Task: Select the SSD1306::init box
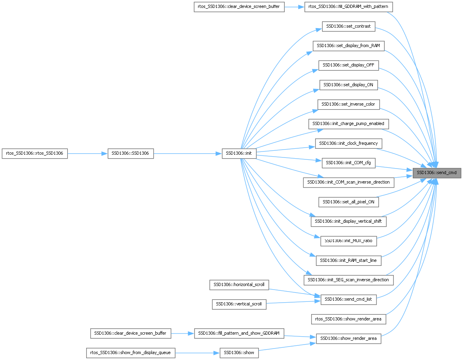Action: (239, 153)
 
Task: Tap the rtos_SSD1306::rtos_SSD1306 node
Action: (35, 153)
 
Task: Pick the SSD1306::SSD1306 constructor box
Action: (130, 153)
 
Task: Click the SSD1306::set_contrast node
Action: (348, 27)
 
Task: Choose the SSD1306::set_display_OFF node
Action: (349, 65)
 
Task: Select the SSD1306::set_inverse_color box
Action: (348, 104)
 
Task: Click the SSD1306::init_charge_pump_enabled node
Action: (348, 124)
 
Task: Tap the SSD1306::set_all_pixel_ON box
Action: (348, 202)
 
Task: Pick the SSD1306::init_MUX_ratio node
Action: (348, 241)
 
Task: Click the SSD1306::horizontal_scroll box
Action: (239, 284)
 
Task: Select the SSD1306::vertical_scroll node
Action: (239, 304)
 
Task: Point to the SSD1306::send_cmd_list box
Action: (348, 299)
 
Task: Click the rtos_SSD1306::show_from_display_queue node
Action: (130, 352)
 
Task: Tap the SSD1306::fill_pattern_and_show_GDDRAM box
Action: (239, 333)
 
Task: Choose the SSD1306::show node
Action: (239, 352)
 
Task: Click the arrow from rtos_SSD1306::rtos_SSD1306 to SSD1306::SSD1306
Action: (88, 153)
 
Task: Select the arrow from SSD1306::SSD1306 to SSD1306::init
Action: (187, 153)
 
